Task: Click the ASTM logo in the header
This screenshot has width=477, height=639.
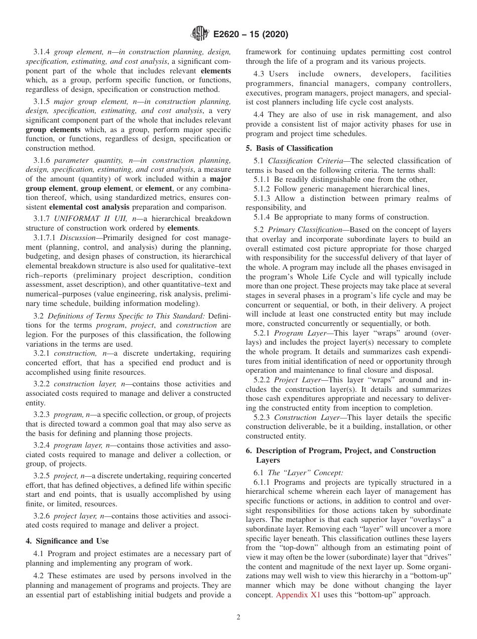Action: coord(199,34)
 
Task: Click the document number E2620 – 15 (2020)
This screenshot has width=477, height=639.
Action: coord(251,35)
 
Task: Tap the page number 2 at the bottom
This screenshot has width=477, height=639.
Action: coord(238,617)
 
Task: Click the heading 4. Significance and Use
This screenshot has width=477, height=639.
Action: coord(67,541)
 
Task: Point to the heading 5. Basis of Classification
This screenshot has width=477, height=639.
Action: coord(289,148)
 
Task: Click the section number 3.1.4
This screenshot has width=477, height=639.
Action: coord(42,52)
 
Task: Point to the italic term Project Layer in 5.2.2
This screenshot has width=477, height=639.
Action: coord(298,380)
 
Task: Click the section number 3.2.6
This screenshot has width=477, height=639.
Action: coord(42,516)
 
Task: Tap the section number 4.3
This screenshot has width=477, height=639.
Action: coord(260,74)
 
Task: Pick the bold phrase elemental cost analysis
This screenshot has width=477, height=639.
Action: coord(89,206)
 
